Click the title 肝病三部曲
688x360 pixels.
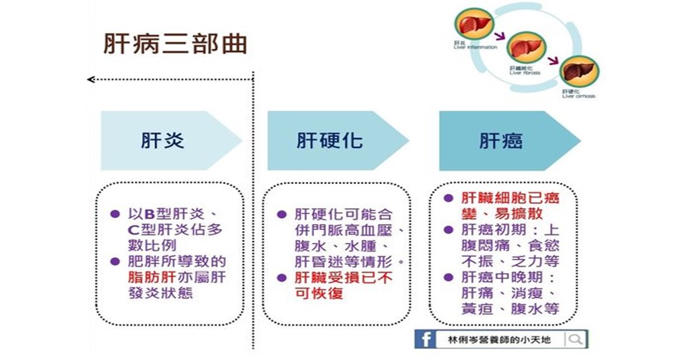coord(174,44)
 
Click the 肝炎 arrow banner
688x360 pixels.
coord(163,140)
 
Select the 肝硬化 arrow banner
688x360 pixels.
coord(330,140)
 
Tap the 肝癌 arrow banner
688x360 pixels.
coord(501,140)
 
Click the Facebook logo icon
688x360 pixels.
coord(425,339)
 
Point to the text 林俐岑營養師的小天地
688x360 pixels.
coord(501,339)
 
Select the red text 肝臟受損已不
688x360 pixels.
coord(343,278)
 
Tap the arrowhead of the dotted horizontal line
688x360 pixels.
coord(90,79)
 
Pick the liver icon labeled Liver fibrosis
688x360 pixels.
coord(525,48)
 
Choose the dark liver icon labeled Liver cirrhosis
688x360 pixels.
coord(578,71)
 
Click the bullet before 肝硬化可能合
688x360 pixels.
coord(282,214)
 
